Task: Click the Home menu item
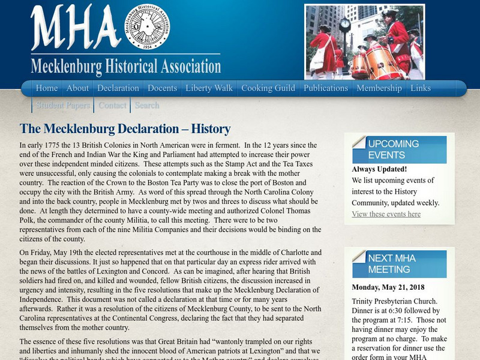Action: (46, 88)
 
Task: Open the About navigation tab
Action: (77, 88)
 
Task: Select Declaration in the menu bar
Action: (118, 88)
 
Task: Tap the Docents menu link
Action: (162, 88)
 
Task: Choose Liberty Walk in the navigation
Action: (209, 88)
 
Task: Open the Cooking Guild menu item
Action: (268, 88)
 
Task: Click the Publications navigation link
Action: (326, 88)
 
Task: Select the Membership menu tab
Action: (379, 88)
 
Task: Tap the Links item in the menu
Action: (421, 88)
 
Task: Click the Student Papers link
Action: (63, 105)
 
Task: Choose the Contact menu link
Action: (112, 105)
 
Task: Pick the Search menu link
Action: (147, 105)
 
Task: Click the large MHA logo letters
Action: (75, 29)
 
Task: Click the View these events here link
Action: (386, 214)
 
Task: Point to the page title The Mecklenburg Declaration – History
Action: (125, 129)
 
